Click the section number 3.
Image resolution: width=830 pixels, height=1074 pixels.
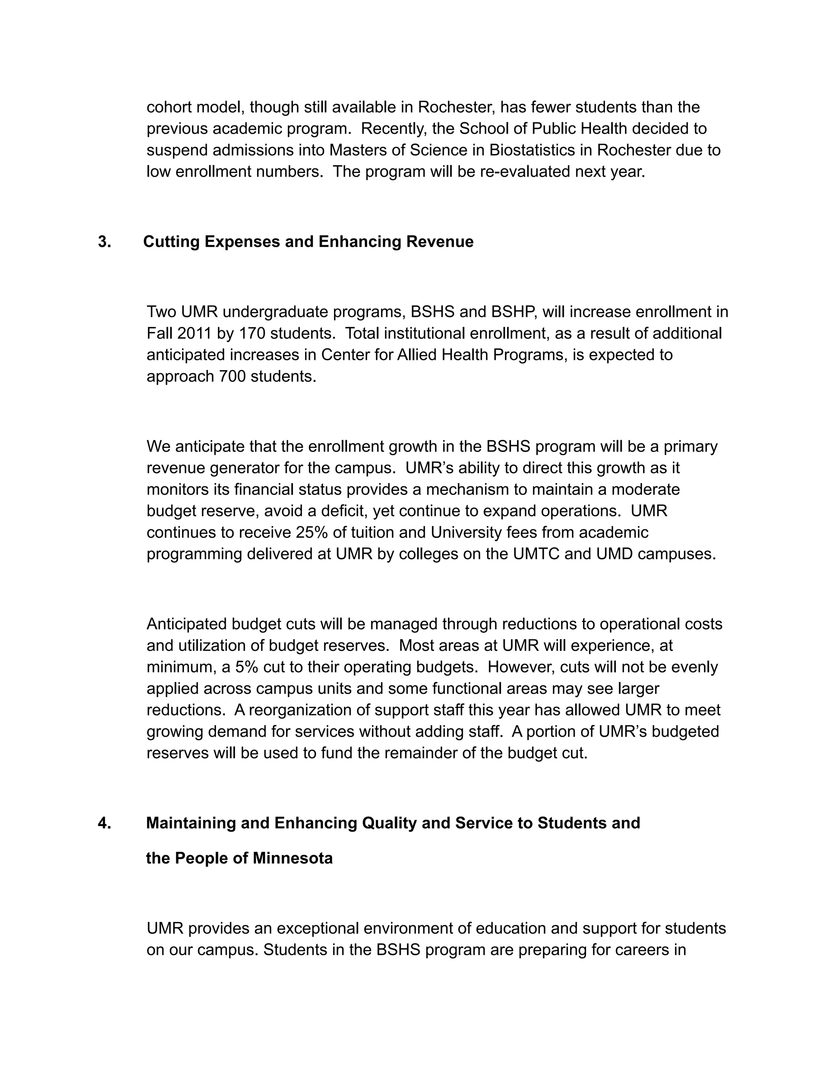[x=104, y=242]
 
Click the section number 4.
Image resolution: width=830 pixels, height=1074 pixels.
[x=104, y=823]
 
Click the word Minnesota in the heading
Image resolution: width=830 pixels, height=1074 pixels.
[x=293, y=858]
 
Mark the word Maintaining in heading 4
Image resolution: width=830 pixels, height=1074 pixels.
[x=191, y=823]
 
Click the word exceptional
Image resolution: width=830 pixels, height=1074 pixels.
[x=319, y=929]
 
